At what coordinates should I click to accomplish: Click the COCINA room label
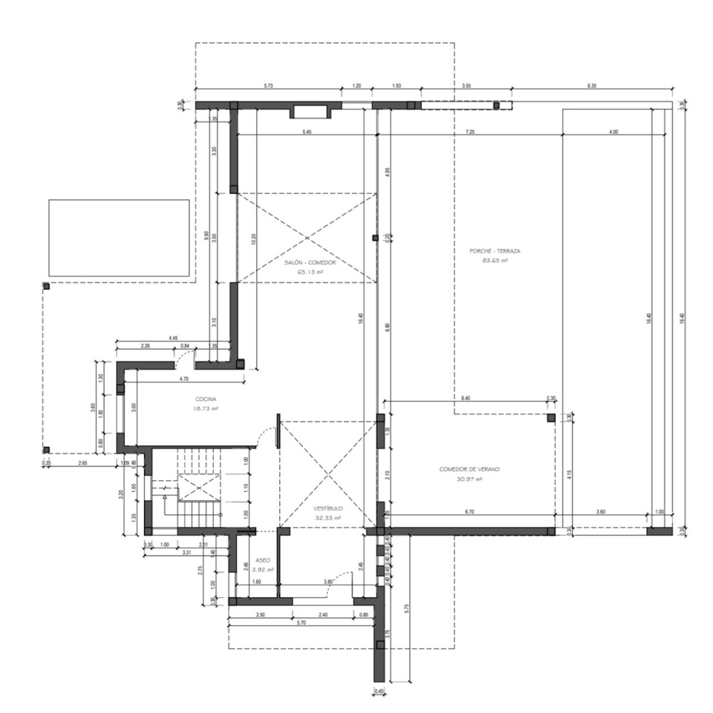(x=206, y=399)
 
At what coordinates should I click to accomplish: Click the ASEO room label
(x=263, y=560)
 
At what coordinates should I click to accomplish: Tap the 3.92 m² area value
(x=263, y=569)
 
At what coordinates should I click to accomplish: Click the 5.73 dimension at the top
(x=268, y=86)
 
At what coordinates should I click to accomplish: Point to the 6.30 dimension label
(x=591, y=86)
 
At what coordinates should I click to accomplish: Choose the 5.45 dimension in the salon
(x=307, y=131)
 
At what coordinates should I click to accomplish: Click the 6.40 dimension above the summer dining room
(x=466, y=398)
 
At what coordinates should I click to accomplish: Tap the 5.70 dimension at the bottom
(x=301, y=623)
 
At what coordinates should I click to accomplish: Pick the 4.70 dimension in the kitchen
(x=184, y=378)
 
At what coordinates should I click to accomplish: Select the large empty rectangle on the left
(x=119, y=238)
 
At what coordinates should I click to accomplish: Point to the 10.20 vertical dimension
(x=253, y=238)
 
